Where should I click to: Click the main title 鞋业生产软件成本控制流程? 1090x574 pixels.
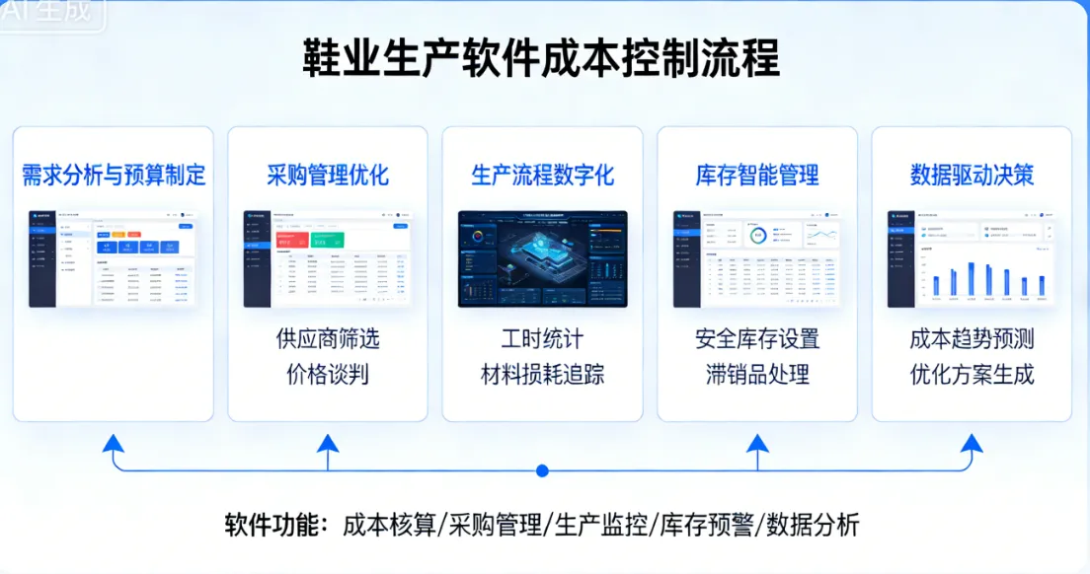(x=541, y=58)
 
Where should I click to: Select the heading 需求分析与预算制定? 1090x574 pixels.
(x=114, y=176)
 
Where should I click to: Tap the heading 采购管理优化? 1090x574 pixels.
(x=328, y=176)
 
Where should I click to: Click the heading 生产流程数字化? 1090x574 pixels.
(x=542, y=176)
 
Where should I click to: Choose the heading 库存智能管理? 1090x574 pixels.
(x=757, y=176)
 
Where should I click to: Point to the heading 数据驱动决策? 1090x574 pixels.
(x=972, y=176)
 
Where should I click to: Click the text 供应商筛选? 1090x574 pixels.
(x=328, y=339)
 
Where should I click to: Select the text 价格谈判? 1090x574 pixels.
(x=328, y=375)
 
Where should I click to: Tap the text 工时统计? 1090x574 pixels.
(x=542, y=339)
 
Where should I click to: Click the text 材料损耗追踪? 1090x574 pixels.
(x=542, y=375)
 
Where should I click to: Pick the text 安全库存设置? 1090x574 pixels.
(x=757, y=339)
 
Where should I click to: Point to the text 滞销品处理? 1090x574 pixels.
(x=757, y=375)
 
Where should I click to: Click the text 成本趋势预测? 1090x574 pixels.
(x=972, y=339)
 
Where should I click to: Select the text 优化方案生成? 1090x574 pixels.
(x=972, y=375)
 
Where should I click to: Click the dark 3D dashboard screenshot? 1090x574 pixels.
(x=542, y=258)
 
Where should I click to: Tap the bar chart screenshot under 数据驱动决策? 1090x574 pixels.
(x=972, y=258)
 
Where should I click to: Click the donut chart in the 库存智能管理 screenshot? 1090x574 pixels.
(x=757, y=236)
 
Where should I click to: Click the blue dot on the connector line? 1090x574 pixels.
(x=542, y=470)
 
